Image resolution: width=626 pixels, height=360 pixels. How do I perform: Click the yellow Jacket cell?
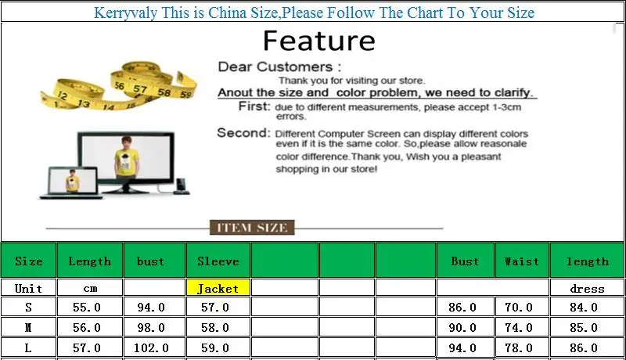coord(218,287)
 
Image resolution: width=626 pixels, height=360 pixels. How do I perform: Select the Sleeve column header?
coord(218,261)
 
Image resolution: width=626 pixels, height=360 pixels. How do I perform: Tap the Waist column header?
coord(522,261)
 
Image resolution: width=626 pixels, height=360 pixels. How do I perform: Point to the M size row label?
coord(28,327)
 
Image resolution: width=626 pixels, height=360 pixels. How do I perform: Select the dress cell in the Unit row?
coord(587,288)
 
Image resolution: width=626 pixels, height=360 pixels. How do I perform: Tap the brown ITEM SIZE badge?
coord(252,228)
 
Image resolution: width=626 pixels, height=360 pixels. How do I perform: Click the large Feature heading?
coord(319,41)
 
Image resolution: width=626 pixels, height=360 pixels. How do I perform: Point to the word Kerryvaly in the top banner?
coord(125,13)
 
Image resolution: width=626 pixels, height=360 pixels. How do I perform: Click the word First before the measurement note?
coord(254,106)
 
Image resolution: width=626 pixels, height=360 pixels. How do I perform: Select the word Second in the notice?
coord(243,132)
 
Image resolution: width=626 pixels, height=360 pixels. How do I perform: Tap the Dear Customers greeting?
coord(279,67)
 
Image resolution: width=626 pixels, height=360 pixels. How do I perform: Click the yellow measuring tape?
coord(119,86)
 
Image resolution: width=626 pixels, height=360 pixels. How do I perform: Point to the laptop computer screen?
coord(73,181)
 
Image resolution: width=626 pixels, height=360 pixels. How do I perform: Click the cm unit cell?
coord(90,288)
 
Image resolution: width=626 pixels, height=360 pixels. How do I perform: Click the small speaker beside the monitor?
coord(181,186)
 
